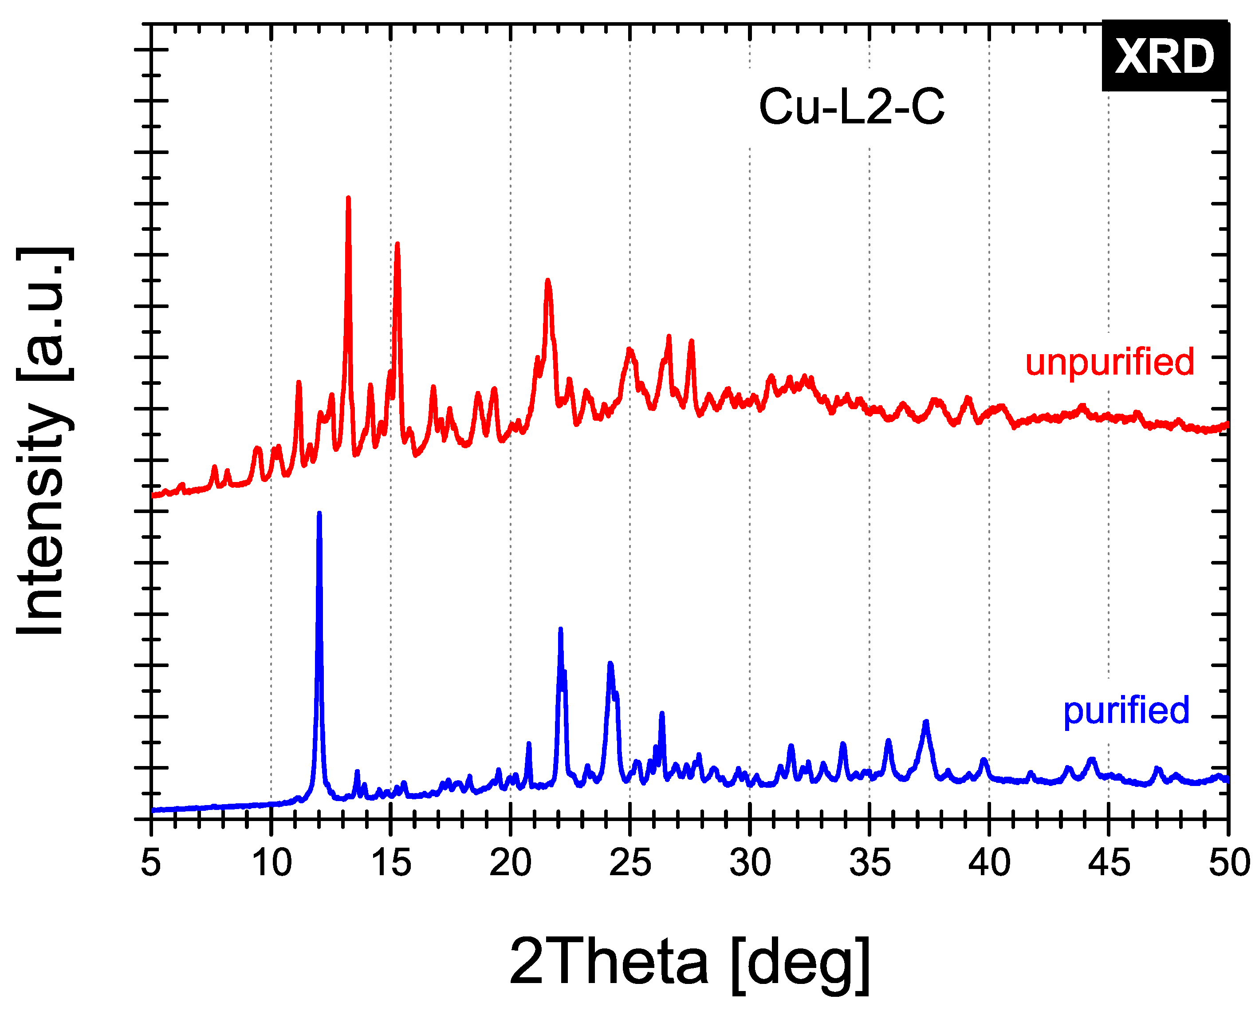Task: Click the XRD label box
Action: [x=1165, y=56]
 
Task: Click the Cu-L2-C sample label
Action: [x=851, y=107]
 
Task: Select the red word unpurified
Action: [x=1109, y=362]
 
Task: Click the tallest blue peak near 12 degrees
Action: [x=319, y=514]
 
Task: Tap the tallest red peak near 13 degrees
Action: [x=349, y=198]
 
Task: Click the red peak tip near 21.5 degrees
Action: [x=548, y=281]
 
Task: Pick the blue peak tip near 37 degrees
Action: [x=925, y=723]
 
